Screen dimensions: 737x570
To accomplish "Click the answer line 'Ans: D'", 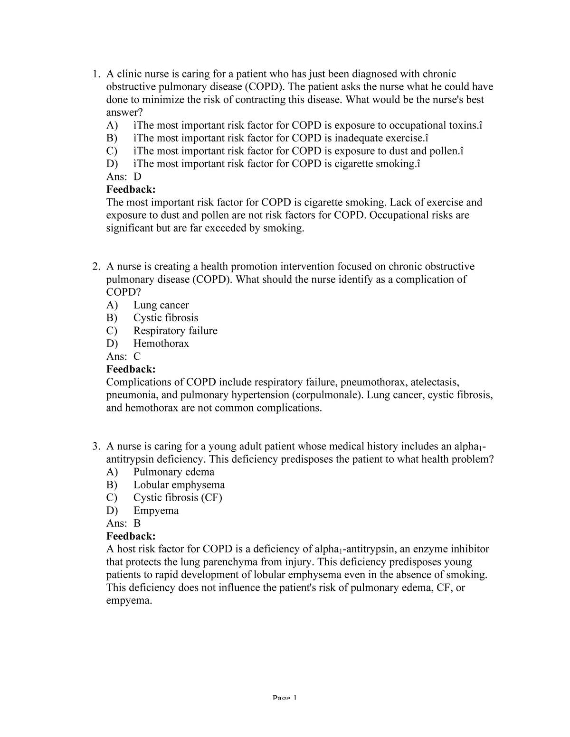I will [124, 177].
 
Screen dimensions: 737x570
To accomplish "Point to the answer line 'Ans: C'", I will [123, 356].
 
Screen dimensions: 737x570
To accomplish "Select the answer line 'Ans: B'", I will [123, 523].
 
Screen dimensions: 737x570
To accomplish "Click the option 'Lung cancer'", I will [161, 305].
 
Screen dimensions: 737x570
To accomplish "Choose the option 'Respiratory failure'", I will [175, 331].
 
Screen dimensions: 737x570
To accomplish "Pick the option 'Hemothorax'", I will [161, 344].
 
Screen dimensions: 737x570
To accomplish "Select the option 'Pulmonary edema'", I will [174, 472].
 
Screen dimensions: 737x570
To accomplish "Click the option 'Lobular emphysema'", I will [179, 485].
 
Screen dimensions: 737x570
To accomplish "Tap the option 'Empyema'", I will [156, 511].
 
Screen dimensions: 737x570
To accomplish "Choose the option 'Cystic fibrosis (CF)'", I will [178, 497].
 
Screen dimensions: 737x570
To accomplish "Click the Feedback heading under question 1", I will [131, 190].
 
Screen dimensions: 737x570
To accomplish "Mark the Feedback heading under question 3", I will [131, 536].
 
